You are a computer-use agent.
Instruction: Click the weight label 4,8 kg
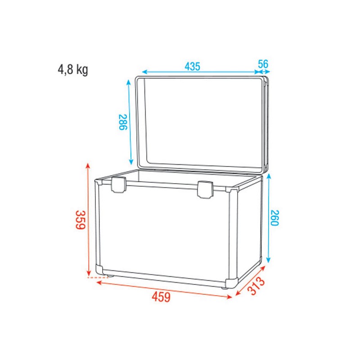pyautogui.click(x=72, y=70)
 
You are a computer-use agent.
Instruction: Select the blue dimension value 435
pyautogui.click(x=192, y=66)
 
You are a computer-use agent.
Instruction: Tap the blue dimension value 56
pyautogui.click(x=263, y=64)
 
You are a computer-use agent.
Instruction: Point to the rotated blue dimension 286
pyautogui.click(x=122, y=121)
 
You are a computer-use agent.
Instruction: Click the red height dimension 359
pyautogui.click(x=80, y=220)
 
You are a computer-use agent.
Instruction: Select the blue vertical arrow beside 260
pyautogui.click(x=269, y=219)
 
